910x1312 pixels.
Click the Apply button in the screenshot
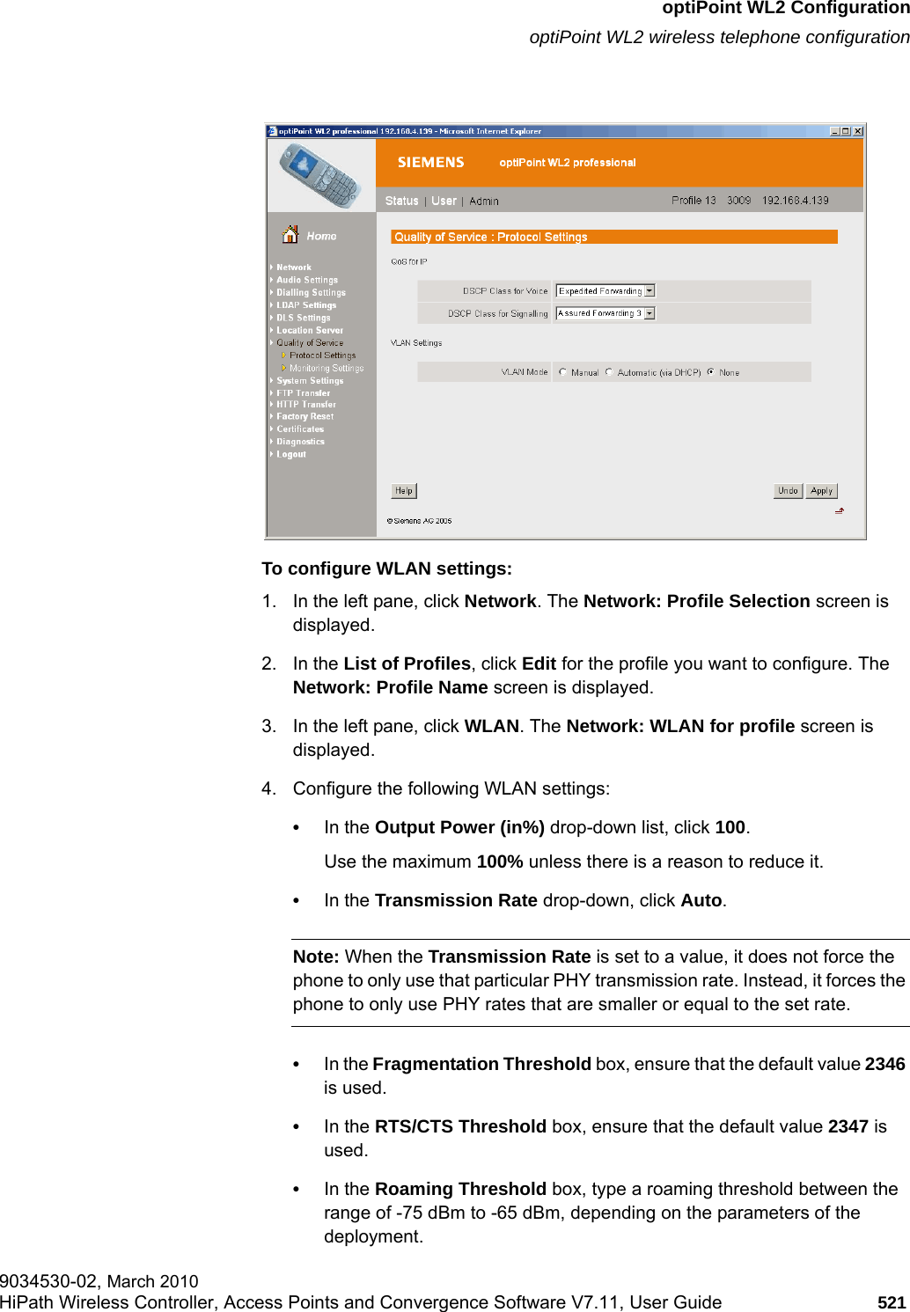click(821, 491)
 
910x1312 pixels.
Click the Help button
click(403, 491)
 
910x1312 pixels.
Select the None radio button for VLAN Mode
click(711, 372)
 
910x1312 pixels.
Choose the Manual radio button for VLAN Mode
click(563, 372)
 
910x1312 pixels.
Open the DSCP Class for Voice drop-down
click(649, 291)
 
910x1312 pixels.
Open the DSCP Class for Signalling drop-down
click(649, 313)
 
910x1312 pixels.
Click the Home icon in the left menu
click(290, 235)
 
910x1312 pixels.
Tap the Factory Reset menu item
click(305, 417)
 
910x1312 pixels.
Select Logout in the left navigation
click(291, 455)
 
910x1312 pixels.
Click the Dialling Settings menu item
click(311, 293)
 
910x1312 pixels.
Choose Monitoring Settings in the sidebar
click(326, 369)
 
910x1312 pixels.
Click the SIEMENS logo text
click(430, 163)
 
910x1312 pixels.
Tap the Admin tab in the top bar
click(484, 202)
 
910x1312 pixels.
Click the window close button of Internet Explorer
click(858, 131)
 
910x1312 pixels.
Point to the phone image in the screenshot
click(319, 175)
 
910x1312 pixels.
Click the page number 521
click(892, 1302)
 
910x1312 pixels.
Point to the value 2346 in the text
click(884, 1064)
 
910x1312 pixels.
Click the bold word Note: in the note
click(316, 957)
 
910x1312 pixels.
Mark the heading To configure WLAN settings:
click(386, 568)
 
